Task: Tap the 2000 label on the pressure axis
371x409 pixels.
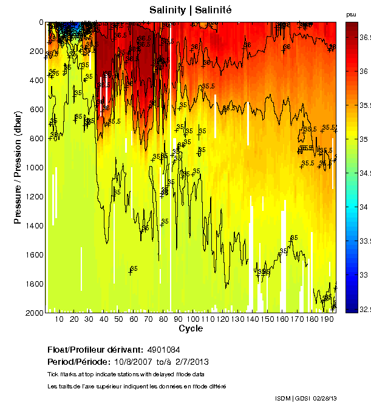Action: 35,313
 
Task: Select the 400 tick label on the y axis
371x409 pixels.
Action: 36,81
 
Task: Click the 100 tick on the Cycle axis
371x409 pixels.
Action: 192,319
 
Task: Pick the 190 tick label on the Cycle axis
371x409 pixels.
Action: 326,319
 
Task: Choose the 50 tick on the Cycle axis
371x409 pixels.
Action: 118,319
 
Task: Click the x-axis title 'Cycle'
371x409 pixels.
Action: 191,329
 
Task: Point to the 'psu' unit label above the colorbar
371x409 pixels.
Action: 351,14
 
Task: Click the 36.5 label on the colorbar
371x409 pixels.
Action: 363,38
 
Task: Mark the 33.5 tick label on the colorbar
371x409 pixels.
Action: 363,241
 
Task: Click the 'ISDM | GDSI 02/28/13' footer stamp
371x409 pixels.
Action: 306,398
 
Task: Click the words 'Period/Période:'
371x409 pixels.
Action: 78,361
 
